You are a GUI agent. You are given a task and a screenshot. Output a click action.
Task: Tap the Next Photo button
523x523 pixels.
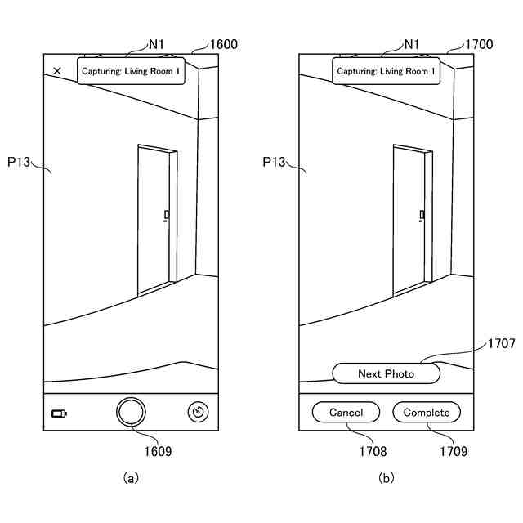(x=386, y=373)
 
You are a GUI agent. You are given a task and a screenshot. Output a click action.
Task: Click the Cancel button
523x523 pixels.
(x=346, y=413)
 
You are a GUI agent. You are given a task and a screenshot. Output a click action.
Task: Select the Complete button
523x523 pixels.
(x=426, y=413)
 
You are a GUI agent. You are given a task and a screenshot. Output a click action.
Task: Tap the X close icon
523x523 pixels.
(x=57, y=71)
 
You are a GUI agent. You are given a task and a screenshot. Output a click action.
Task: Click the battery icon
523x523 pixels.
(x=60, y=413)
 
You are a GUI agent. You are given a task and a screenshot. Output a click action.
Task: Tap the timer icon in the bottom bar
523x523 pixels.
(x=197, y=412)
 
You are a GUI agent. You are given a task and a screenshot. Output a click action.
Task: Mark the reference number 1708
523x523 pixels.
(x=371, y=450)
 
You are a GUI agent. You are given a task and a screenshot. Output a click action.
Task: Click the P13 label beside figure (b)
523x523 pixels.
(x=273, y=162)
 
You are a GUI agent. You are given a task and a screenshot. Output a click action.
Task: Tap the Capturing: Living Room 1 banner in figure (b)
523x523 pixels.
(x=386, y=72)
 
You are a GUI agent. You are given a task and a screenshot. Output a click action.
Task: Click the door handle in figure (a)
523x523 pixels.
(x=166, y=216)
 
